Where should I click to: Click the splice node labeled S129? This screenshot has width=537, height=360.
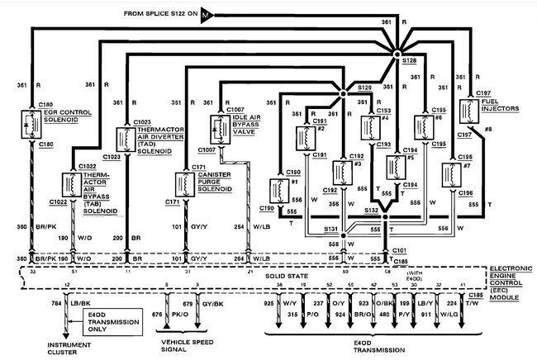[343, 93]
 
